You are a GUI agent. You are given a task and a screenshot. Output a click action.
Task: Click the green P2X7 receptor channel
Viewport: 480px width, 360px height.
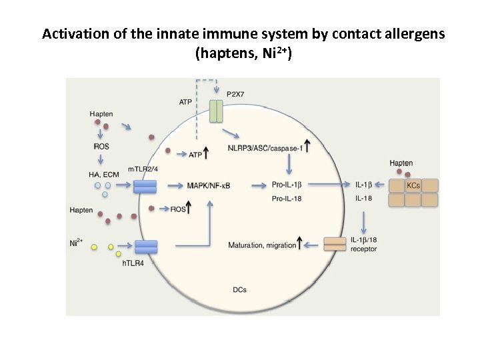click(x=216, y=111)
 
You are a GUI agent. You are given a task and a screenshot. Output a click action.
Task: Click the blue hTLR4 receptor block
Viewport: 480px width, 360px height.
click(x=146, y=247)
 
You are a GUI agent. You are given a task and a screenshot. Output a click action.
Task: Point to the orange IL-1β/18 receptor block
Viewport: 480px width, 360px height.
click(x=333, y=244)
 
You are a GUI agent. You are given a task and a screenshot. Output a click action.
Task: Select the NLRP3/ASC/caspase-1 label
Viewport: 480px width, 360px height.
click(x=265, y=148)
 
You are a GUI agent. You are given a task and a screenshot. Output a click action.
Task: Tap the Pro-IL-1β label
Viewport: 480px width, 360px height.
click(x=288, y=185)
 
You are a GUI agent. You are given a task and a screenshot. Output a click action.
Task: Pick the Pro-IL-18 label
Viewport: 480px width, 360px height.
click(x=288, y=199)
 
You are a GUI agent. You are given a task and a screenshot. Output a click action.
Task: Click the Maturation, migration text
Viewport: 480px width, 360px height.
click(x=262, y=245)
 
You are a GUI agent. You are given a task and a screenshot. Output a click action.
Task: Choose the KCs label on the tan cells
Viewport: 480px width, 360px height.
click(x=413, y=185)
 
